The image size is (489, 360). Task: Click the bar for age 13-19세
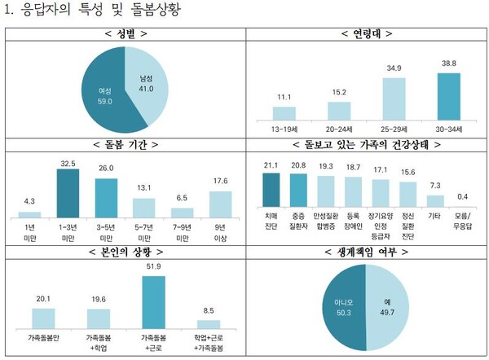[x=284, y=112]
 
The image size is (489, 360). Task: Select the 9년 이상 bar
[x=221, y=204]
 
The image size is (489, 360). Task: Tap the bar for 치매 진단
[x=271, y=189]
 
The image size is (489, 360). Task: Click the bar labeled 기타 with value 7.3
[x=436, y=200]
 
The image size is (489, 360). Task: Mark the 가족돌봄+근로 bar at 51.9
[x=153, y=301]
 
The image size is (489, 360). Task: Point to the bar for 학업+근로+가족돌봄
[x=209, y=321]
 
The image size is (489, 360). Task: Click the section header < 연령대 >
[x=366, y=35]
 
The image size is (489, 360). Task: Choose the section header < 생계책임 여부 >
[x=366, y=252]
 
